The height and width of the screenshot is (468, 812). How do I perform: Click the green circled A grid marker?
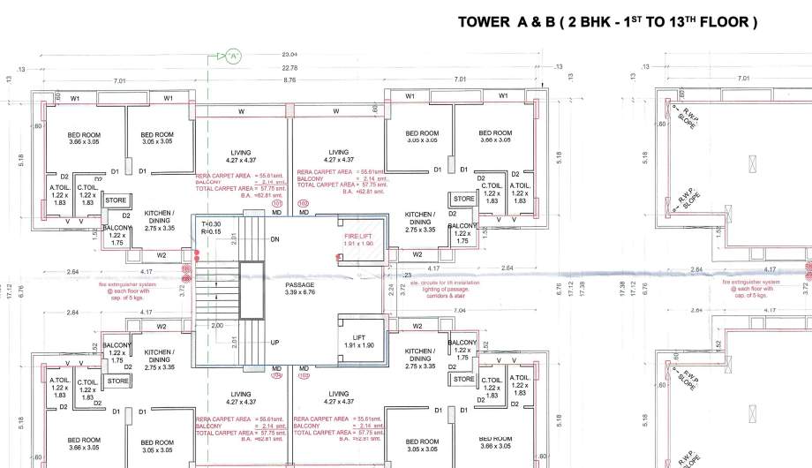coord(233,57)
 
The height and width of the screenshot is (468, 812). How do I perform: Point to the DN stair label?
coord(274,239)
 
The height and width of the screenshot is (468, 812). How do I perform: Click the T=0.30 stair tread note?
coord(211,223)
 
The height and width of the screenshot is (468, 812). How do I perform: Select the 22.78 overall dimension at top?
coord(289,68)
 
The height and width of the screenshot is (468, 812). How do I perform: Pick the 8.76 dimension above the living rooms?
coord(289,80)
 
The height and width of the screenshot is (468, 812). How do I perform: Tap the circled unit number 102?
coord(303,202)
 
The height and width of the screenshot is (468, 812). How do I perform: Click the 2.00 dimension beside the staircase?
coord(216,325)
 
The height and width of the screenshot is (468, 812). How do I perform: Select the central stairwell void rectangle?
coord(252,290)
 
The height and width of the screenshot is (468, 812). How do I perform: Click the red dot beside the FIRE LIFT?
coord(339,258)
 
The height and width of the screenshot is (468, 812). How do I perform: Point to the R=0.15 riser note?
coord(211,231)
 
